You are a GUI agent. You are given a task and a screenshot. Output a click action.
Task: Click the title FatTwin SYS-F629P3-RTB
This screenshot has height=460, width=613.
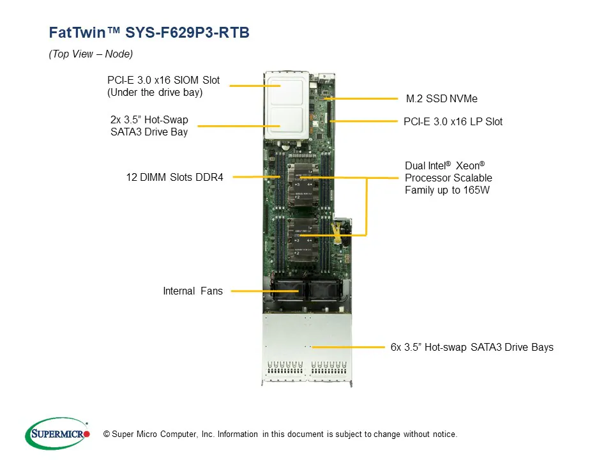coord(149,33)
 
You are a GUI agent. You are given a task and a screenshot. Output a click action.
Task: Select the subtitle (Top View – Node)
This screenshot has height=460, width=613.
coord(91,54)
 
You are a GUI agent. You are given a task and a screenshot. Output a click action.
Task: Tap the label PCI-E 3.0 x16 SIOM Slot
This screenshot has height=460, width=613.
coord(163,80)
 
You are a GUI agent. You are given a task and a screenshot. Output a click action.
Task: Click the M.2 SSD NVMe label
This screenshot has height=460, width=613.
coord(441,99)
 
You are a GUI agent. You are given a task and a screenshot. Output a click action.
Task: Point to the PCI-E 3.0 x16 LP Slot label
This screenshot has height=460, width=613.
coord(453,121)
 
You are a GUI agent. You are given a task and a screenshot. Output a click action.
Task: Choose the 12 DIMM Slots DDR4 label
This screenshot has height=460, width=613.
coord(174,177)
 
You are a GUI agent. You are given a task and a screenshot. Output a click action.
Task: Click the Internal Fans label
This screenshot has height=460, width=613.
coord(193,291)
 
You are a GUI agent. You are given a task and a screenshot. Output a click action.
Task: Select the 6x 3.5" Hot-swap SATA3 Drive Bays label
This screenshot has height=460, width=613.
coord(471,348)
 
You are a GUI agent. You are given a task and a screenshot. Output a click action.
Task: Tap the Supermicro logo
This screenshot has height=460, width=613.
coord(57,434)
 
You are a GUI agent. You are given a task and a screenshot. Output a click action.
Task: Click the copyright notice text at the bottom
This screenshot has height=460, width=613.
coord(280,434)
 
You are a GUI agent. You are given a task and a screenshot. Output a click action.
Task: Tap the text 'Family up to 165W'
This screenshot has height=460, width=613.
coord(447,190)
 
